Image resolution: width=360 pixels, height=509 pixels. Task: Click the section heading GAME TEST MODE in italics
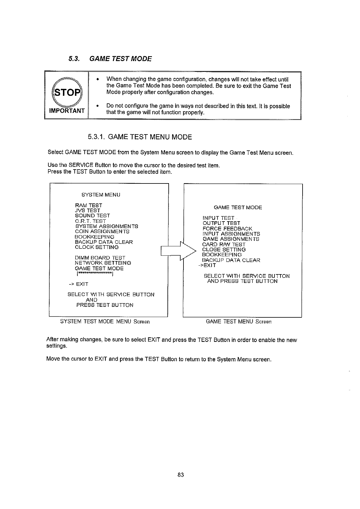click(121, 58)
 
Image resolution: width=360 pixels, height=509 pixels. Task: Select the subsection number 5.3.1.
click(96, 137)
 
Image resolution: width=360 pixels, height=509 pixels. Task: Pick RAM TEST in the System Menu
click(88, 205)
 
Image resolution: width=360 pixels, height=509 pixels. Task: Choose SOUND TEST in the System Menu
click(92, 216)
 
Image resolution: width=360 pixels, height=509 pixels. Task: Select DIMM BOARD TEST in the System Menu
click(100, 258)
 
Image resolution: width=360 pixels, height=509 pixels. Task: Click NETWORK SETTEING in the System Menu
click(103, 263)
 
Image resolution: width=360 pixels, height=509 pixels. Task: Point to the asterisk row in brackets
click(95, 274)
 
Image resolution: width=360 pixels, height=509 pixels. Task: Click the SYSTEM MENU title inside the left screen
click(101, 195)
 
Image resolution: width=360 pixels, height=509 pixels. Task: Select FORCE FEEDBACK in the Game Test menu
click(227, 229)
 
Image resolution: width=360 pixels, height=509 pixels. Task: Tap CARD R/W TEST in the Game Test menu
click(224, 244)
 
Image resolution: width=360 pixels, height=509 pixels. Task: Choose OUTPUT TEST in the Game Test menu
click(221, 223)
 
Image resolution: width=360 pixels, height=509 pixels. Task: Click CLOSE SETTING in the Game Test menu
click(224, 250)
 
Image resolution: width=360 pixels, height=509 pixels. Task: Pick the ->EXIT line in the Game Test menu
click(207, 265)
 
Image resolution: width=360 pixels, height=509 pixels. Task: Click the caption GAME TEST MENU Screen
click(238, 322)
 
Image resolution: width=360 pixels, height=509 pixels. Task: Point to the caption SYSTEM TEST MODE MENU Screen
click(105, 322)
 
